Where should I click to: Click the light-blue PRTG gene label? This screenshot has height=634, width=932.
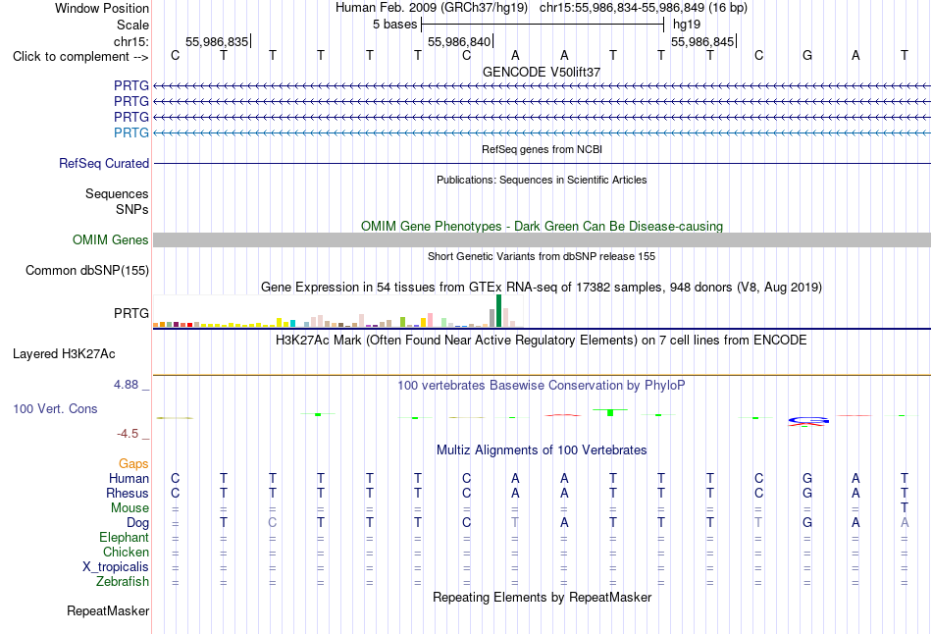tap(131, 132)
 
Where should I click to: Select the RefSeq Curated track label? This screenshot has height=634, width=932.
tap(104, 163)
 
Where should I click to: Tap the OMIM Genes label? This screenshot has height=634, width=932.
tap(111, 239)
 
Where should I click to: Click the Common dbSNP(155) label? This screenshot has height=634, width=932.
tap(87, 270)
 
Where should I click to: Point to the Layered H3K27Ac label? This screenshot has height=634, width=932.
tap(64, 354)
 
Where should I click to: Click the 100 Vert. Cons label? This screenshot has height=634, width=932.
tap(55, 408)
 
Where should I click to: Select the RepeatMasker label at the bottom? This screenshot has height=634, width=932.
tap(108, 610)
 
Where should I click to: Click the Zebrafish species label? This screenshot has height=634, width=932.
tap(123, 581)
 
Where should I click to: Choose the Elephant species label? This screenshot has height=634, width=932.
tap(125, 537)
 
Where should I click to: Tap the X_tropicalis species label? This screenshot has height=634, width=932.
tap(116, 566)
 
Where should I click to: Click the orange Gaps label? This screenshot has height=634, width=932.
tap(133, 463)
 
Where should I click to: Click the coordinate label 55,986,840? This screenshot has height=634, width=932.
tap(459, 41)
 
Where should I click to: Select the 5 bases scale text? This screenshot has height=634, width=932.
tap(395, 25)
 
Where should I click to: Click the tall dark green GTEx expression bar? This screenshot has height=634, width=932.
tap(498, 310)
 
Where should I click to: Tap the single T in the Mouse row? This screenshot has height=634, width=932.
tap(905, 507)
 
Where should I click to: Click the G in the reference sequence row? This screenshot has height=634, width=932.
tap(807, 55)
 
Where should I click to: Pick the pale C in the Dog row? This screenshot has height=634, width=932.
tap(272, 522)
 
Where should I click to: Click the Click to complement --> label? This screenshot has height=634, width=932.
tap(80, 57)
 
